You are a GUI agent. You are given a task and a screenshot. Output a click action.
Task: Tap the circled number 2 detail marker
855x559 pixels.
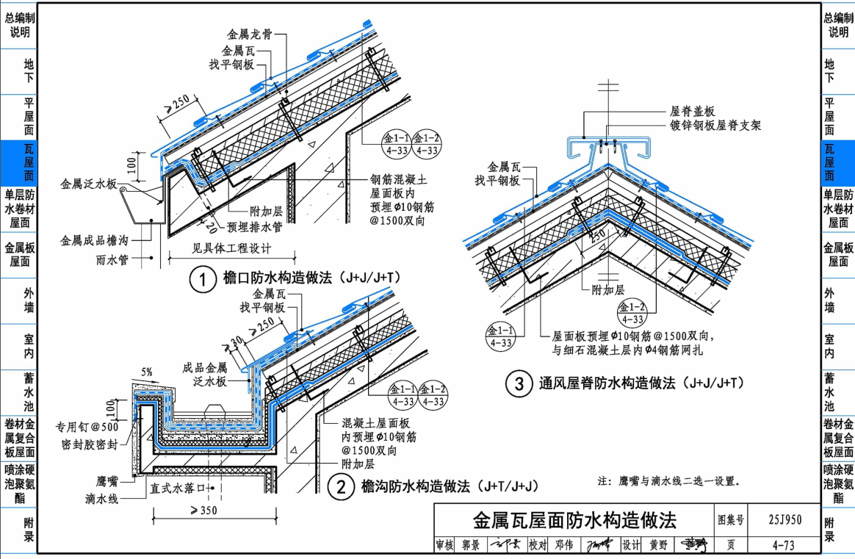coord(340,486)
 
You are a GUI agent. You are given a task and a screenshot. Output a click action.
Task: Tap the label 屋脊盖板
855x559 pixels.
coord(692,112)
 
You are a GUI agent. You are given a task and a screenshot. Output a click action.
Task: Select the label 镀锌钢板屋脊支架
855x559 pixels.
coord(715,126)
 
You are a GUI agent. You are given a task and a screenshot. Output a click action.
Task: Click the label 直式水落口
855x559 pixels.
coord(178,487)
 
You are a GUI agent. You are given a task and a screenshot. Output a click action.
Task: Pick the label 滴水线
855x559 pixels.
coord(101,499)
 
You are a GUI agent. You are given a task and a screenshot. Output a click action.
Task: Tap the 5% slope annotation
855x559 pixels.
coord(147,372)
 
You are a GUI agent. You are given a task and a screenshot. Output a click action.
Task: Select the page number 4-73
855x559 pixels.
coord(784,545)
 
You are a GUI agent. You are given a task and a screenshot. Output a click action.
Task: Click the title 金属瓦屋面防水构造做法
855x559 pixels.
coord(574,521)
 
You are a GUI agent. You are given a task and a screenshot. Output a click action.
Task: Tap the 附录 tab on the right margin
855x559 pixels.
coord(829,529)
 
